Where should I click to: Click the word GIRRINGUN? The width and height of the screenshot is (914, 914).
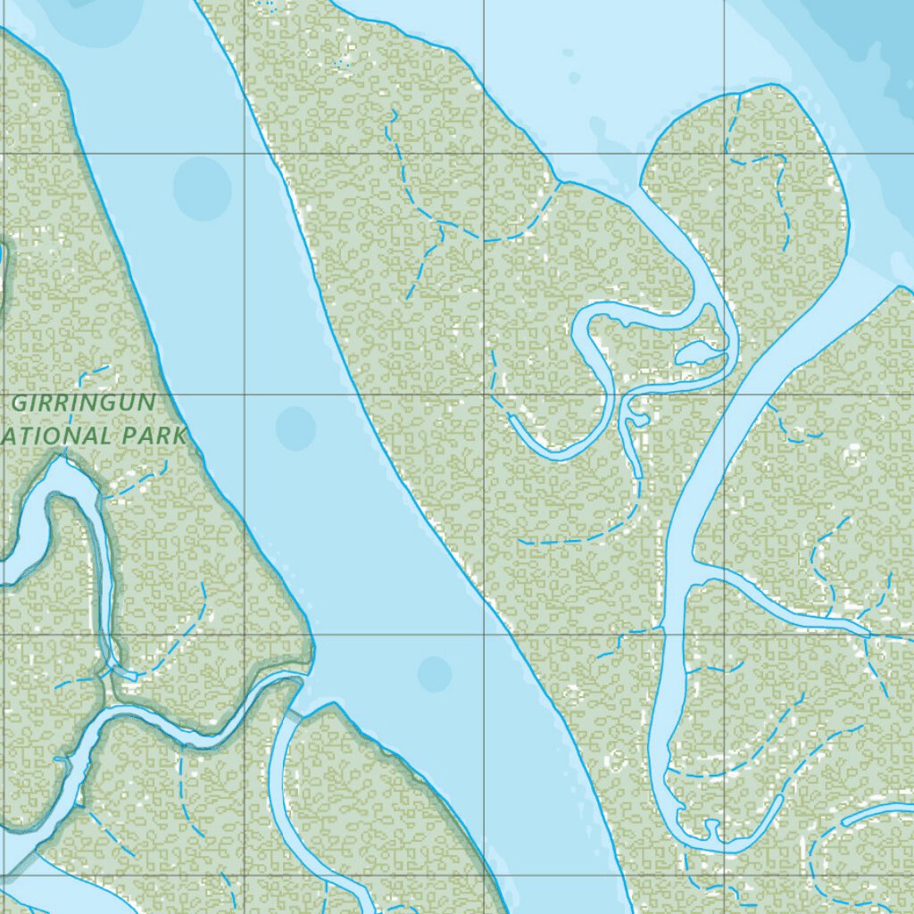[x=84, y=403]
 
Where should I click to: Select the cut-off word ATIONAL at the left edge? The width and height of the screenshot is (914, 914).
[x=54, y=436]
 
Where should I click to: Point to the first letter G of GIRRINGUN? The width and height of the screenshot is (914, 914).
[x=20, y=403]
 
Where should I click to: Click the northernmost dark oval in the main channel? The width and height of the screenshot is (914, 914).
[x=202, y=187]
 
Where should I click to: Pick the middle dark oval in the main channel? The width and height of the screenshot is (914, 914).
[x=295, y=428]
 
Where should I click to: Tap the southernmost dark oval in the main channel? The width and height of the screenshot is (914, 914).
[x=435, y=674]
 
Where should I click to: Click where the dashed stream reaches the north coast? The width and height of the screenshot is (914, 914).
[x=561, y=183]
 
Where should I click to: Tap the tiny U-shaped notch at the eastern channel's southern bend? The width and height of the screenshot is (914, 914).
[x=712, y=831]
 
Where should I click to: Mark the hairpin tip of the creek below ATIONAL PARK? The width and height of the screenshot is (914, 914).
[x=63, y=459]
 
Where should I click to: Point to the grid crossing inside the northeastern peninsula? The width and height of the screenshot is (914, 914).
[x=725, y=154]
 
